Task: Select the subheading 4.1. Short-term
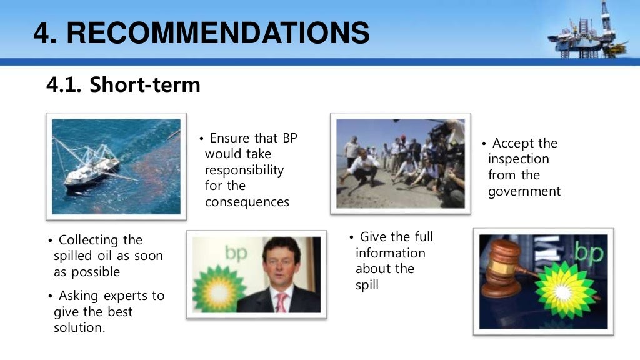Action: tap(124, 84)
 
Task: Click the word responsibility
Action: tap(244, 170)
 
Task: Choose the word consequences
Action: tap(247, 202)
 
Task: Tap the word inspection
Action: tap(519, 159)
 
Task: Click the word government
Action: tap(524, 191)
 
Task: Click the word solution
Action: tap(79, 327)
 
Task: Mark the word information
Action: tap(391, 253)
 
